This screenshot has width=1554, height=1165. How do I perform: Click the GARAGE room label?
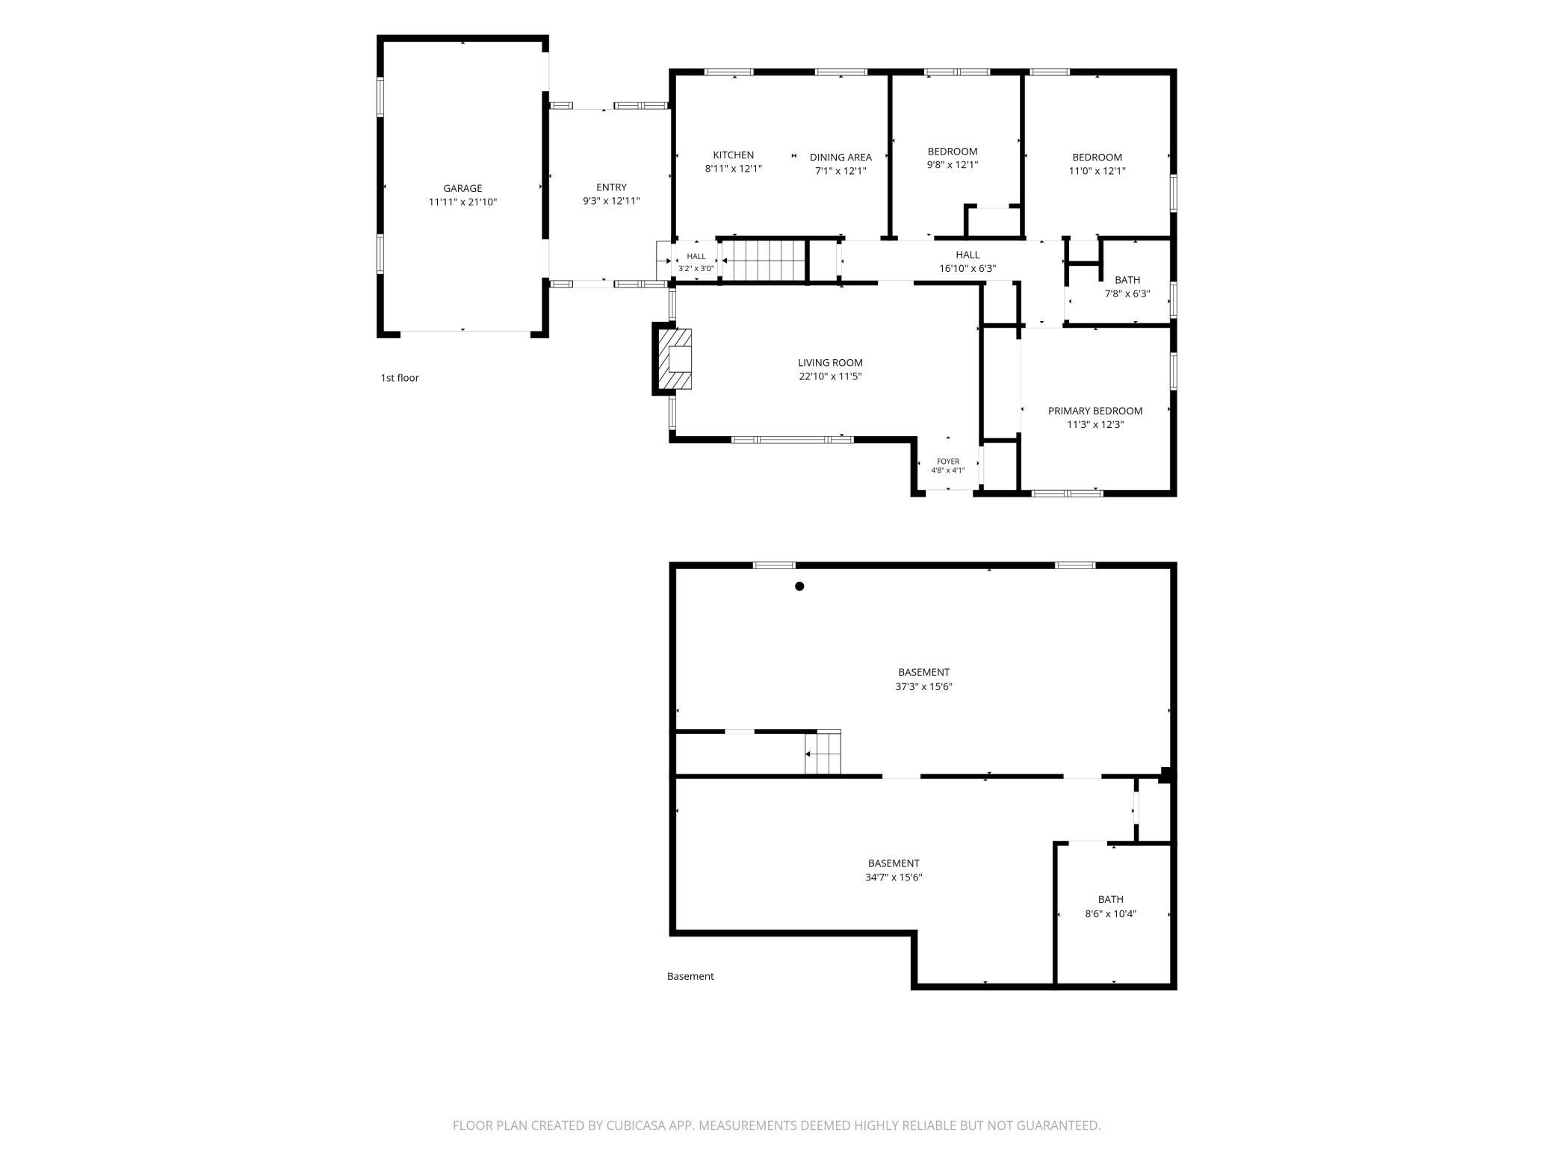tap(462, 188)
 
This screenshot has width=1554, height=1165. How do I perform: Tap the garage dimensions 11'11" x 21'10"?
tap(462, 202)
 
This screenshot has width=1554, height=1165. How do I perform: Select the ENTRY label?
tap(611, 187)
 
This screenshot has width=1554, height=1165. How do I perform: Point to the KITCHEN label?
tap(733, 155)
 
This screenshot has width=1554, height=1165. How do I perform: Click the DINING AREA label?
tap(841, 158)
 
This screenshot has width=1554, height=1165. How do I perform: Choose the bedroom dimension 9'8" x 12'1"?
tap(953, 165)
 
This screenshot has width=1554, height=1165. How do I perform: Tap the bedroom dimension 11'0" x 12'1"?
tap(1097, 171)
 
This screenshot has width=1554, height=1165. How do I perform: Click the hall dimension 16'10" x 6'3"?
tap(968, 269)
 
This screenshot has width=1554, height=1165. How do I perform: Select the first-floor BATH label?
tap(1127, 281)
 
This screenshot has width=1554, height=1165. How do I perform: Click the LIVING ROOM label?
tap(830, 363)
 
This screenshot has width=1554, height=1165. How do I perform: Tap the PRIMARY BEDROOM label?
tap(1095, 411)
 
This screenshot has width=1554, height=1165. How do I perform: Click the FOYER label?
tap(948, 462)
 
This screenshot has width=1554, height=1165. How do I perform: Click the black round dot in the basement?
tap(799, 586)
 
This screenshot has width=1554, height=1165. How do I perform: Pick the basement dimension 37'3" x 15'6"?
tap(923, 687)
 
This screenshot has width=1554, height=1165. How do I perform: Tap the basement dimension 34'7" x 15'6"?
tap(894, 877)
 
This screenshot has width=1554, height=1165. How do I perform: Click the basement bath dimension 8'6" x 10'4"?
tap(1110, 914)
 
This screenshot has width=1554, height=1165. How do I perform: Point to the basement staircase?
tap(823, 753)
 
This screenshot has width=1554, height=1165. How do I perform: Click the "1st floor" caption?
tap(400, 378)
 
